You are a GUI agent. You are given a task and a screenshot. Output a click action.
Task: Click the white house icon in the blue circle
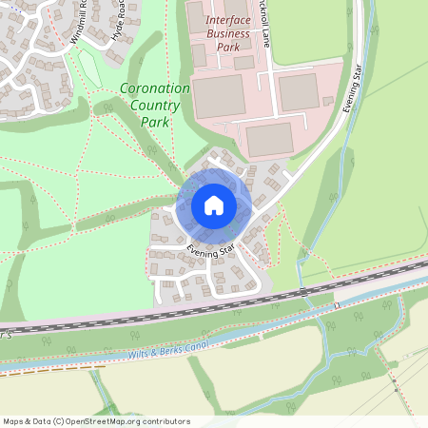point(213,205)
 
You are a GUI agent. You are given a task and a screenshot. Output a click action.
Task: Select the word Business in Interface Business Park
point(228,34)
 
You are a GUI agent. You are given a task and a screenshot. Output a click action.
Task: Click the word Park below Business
point(228,48)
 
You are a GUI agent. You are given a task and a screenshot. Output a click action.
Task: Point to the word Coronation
point(155,88)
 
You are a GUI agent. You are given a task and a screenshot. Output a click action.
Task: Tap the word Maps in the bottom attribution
point(13,420)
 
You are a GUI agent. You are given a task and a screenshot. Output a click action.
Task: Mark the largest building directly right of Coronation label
point(220,96)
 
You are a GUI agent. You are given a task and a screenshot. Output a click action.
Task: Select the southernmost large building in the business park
point(269,139)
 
